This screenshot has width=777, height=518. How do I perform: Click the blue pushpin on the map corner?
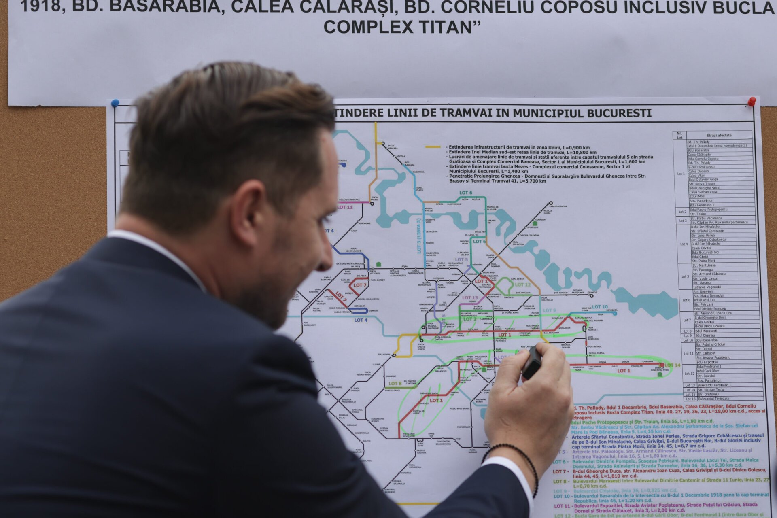(115, 103)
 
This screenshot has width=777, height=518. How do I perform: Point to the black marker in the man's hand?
(532, 363)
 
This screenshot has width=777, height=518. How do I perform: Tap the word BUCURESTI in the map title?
(619, 113)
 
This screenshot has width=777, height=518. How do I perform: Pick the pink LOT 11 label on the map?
(345, 207)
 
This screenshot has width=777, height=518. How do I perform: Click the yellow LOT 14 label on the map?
(672, 365)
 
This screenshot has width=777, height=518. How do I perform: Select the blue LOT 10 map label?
(600, 307)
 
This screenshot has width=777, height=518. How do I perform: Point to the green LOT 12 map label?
(522, 284)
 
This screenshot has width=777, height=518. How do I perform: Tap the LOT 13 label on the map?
(470, 297)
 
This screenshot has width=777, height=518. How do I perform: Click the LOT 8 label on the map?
(395, 383)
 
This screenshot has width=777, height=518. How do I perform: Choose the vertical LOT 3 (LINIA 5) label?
(419, 236)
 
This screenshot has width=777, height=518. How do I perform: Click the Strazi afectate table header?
(719, 135)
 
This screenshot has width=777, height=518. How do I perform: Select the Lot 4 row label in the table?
(684, 244)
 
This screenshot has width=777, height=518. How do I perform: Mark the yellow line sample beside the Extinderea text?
(433, 147)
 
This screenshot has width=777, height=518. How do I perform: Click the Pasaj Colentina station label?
(558, 206)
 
